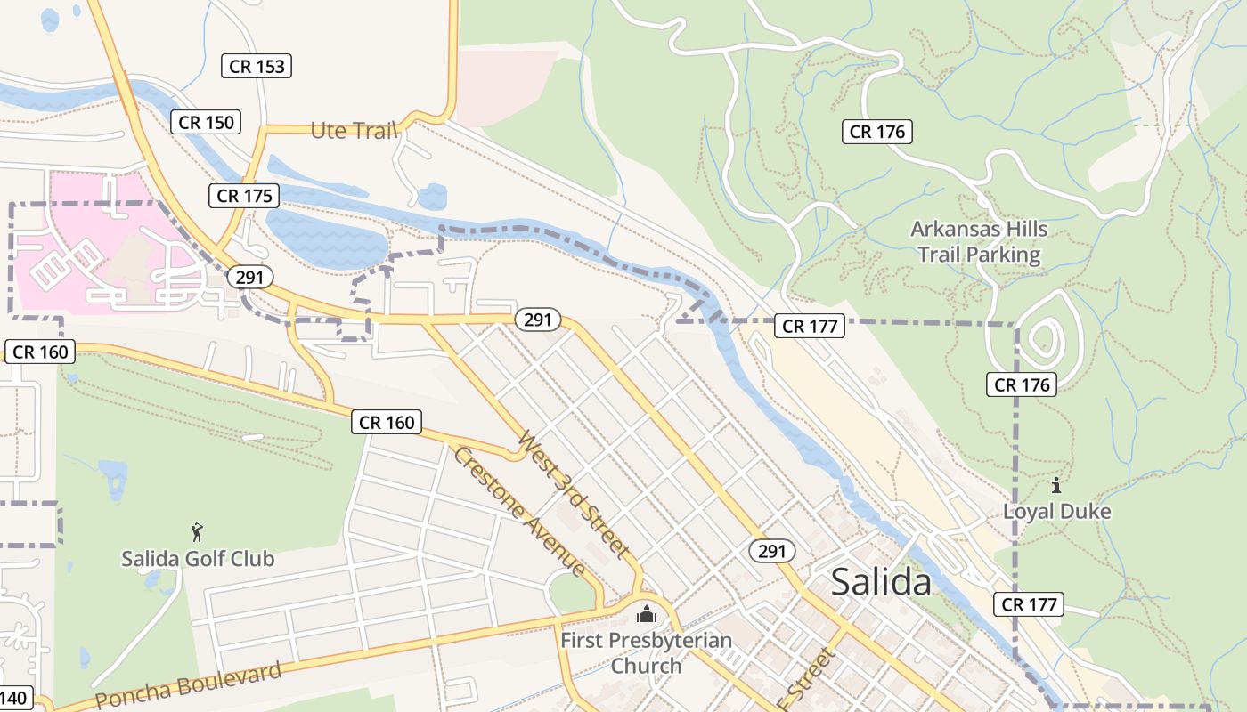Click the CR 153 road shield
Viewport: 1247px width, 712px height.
tap(257, 66)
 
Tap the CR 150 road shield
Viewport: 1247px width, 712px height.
tap(207, 122)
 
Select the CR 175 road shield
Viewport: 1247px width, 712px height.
tap(244, 196)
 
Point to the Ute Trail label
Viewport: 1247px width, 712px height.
tap(354, 131)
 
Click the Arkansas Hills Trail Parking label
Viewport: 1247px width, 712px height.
tap(979, 242)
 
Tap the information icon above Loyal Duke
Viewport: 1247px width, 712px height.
tap(1056, 486)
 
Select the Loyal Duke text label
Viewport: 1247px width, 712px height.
tap(1056, 512)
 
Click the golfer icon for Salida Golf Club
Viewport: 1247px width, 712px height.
tap(197, 533)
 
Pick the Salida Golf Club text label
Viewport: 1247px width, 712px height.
tap(198, 559)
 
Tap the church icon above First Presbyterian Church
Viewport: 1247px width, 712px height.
tap(646, 614)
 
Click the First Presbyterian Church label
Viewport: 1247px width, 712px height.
tap(646, 652)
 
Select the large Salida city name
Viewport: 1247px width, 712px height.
tap(881, 582)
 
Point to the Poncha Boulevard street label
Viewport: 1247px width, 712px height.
tap(188, 686)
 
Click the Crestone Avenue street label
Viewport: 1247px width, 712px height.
tap(519, 511)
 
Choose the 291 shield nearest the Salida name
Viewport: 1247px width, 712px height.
tap(771, 552)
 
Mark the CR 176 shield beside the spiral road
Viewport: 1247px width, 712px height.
tap(1022, 384)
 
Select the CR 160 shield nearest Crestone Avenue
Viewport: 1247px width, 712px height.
tap(387, 422)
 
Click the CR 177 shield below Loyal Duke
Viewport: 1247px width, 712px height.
tap(1029, 604)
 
